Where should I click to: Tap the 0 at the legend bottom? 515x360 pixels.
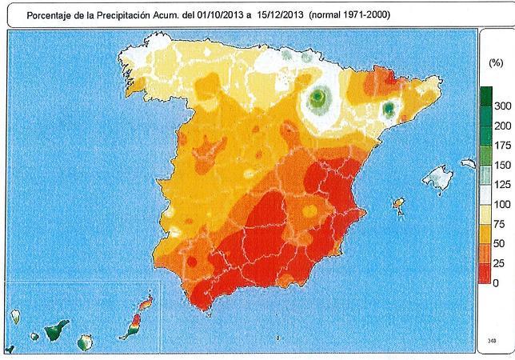pyautogui.click(x=498, y=283)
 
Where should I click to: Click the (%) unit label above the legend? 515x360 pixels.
pyautogui.click(x=495, y=62)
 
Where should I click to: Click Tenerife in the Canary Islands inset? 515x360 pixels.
pyautogui.click(x=55, y=330)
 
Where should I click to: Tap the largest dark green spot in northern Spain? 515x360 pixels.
pyautogui.click(x=318, y=98)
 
